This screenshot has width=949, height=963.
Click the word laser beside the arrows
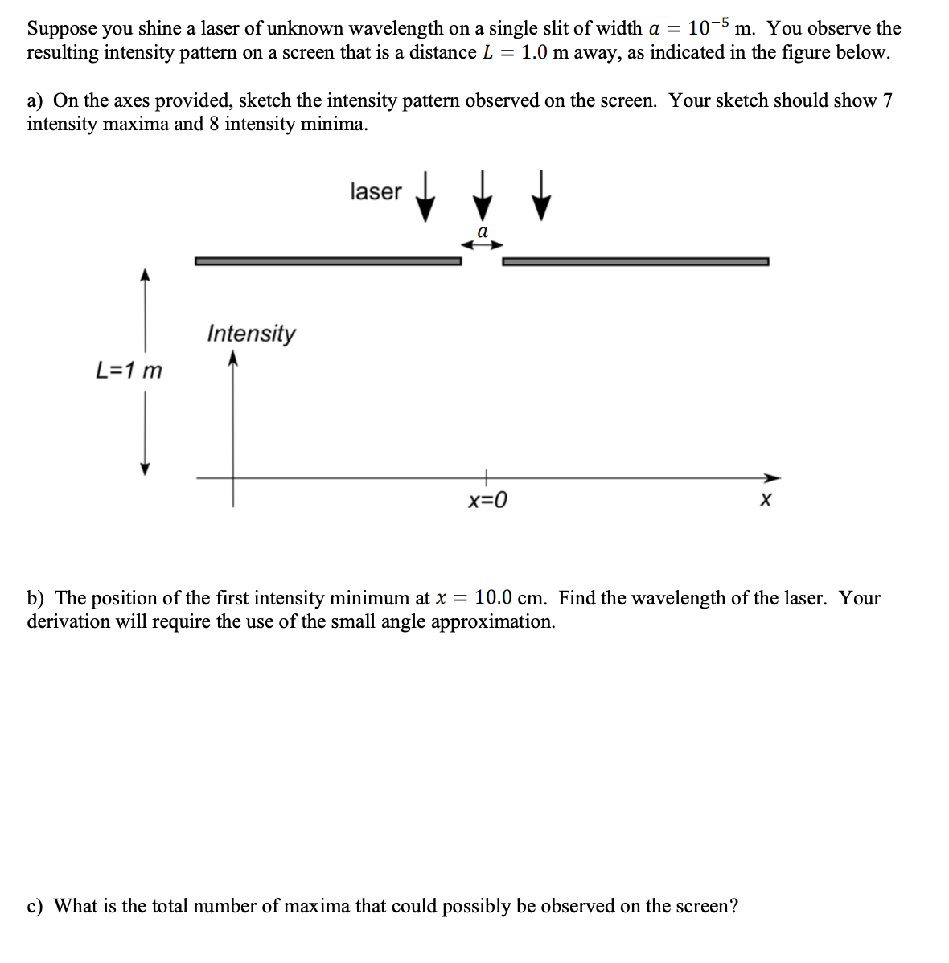(376, 191)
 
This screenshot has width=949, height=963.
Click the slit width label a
(482, 232)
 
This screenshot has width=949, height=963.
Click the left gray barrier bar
(327, 260)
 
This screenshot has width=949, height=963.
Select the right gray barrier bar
(635, 260)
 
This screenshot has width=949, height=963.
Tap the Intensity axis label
(251, 333)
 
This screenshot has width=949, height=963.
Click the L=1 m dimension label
(129, 371)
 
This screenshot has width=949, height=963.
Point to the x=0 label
(487, 502)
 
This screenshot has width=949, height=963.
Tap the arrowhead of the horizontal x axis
(772, 475)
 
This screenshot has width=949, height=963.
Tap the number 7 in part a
(887, 100)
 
